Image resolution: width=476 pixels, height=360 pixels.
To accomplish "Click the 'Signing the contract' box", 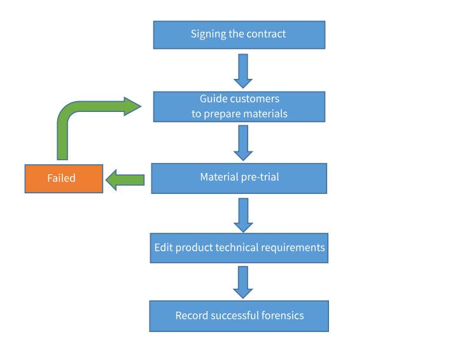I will click(x=239, y=35).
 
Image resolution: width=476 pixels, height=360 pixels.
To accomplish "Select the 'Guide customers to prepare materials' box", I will click(x=239, y=107).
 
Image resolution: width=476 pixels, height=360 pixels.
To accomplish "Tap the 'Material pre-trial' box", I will click(x=239, y=178).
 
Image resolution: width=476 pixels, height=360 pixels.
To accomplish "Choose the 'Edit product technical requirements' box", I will click(x=239, y=247).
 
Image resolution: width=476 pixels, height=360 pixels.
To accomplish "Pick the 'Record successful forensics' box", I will click(x=239, y=316).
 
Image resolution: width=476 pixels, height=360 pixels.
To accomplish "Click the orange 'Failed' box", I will click(x=64, y=179).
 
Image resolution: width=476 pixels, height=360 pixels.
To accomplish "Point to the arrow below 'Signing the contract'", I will click(x=243, y=71).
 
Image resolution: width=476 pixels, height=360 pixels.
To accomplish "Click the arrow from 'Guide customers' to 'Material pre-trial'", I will click(x=243, y=142).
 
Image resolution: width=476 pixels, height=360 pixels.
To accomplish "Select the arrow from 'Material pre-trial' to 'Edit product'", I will click(x=243, y=215).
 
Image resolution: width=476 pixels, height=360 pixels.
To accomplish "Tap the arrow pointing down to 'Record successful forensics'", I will click(x=243, y=282).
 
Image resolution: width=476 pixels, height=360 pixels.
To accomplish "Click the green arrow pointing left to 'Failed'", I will click(x=125, y=180).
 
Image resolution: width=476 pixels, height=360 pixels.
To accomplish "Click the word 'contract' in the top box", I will click(x=267, y=34).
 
